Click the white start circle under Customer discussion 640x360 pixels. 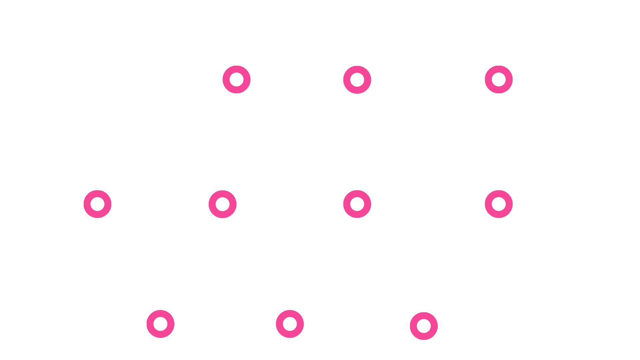[97, 80]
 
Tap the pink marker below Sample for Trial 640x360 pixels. [236, 80]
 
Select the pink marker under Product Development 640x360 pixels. [357, 80]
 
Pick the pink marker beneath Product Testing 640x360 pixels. [499, 80]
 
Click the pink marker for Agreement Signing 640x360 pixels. [499, 204]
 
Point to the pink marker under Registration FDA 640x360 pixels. [357, 204]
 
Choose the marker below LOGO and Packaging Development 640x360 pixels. [222, 204]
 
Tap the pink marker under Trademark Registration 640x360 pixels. [97, 204]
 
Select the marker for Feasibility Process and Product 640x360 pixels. [160, 324]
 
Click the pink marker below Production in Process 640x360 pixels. [290, 324]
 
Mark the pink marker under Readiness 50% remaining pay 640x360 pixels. [424, 326]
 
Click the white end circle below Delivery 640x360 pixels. [545, 326]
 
